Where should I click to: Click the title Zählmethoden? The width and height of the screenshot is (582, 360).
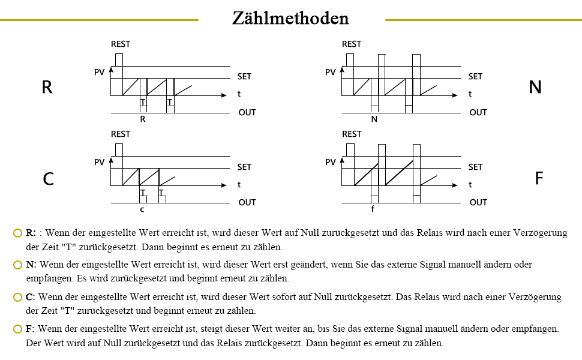coord(291,18)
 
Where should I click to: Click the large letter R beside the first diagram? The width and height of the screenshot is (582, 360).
coord(47,88)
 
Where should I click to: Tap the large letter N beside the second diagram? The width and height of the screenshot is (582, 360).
coord(535,88)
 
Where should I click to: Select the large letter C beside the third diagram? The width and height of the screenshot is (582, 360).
coord(49,179)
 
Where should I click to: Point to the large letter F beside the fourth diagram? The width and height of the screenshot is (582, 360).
coord(538,179)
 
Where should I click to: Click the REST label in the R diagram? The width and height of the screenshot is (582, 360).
coord(121,44)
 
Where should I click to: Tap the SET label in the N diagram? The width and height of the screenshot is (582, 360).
coord(475,76)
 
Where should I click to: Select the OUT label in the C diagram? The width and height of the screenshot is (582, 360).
coord(247,202)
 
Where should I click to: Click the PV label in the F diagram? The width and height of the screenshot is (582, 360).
coord(330,163)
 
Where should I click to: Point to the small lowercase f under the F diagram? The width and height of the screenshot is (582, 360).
coord(373,210)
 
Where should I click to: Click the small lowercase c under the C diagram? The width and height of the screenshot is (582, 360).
coord(142,210)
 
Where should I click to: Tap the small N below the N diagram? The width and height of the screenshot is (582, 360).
coord(374,119)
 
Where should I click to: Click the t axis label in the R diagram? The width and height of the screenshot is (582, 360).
coord(239,94)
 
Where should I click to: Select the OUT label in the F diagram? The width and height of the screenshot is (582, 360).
coord(478,202)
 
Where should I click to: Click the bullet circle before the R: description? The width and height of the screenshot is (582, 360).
coord(17,233)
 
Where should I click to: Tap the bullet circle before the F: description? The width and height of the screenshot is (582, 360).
coord(17,329)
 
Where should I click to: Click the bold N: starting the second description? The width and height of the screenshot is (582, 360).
coord(31,265)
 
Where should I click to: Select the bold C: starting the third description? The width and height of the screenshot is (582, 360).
coord(31,297)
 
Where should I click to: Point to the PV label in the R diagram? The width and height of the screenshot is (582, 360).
coord(100,73)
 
